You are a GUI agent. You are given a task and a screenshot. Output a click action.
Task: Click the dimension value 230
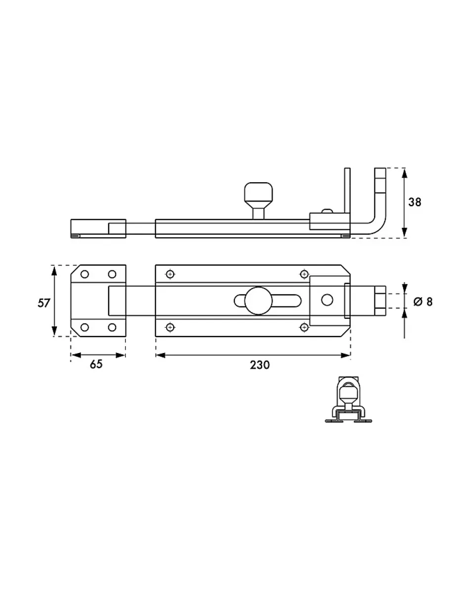pos(260,365)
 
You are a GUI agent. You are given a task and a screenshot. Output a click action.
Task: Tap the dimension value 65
pos(96,364)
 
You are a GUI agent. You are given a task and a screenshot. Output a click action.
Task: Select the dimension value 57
pos(44,303)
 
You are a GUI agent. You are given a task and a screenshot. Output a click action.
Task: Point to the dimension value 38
pos(415,202)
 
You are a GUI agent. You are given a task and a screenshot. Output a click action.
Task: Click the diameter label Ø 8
pos(423,301)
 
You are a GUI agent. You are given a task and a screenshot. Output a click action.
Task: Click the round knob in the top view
pos(258,300)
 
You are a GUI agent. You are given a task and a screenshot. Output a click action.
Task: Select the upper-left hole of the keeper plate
pos(85,274)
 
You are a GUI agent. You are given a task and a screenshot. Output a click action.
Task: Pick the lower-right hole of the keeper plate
pos(112,327)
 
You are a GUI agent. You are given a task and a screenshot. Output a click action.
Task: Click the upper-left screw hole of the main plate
pos(170,274)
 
